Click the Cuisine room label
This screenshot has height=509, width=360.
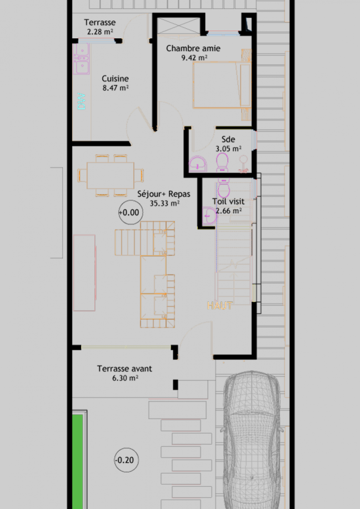[115, 79]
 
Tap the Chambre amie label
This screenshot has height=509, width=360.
[193, 48]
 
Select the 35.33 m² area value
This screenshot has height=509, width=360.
[165, 203]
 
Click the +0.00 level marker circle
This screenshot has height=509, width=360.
[131, 212]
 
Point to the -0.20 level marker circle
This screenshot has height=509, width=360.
[126, 460]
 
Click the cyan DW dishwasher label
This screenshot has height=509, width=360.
[81, 101]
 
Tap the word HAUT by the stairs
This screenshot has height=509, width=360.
[220, 305]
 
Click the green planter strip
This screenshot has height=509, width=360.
[77, 462]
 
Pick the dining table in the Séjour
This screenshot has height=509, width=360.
[111, 175]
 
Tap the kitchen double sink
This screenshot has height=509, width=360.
[81, 59]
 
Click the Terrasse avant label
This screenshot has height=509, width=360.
[124, 369]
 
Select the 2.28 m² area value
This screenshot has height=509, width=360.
[100, 32]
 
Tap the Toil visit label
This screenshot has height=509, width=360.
[228, 201]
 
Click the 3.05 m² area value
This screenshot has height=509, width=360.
[229, 149]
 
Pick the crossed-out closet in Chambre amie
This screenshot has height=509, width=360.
[178, 26]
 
